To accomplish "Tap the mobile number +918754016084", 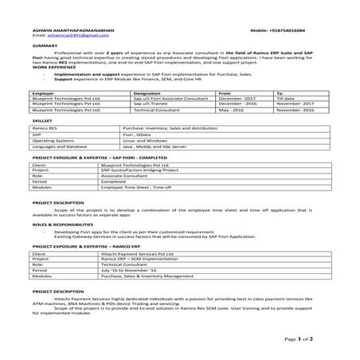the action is (x=299, y=29).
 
